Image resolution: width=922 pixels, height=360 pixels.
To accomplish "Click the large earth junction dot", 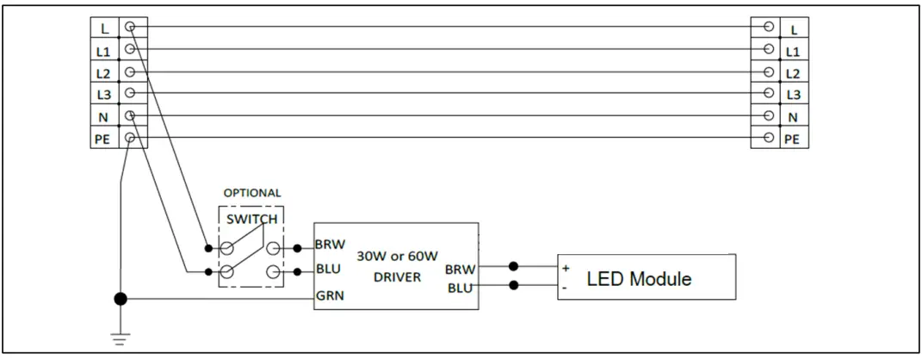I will [x=121, y=300].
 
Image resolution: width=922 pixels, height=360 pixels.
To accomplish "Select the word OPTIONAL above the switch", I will [x=252, y=193].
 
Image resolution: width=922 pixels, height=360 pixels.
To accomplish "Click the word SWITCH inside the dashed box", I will [x=251, y=219].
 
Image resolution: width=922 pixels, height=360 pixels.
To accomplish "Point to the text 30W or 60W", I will [x=397, y=256].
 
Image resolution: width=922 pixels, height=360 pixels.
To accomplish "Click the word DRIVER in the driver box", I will [x=397, y=277].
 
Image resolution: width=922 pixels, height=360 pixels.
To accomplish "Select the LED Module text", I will [x=639, y=279].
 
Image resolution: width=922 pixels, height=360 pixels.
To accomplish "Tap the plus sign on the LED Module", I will [x=566, y=268].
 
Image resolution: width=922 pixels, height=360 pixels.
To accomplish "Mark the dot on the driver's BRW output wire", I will [x=514, y=266].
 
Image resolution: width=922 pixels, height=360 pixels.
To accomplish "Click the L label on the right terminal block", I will [x=793, y=29].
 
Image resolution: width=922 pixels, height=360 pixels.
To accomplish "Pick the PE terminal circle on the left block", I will [x=130, y=138].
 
